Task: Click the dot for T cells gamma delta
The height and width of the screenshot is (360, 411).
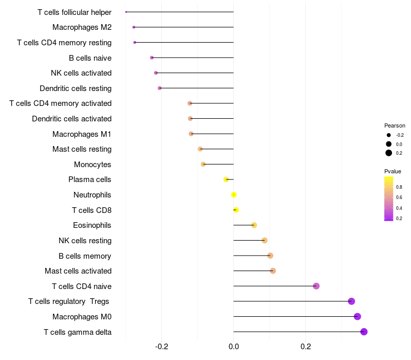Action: [364, 332]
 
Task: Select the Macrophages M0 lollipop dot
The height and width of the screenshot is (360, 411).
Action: [358, 316]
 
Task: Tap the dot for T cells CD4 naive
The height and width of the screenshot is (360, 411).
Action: [316, 286]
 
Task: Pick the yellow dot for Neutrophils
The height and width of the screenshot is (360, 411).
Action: [234, 195]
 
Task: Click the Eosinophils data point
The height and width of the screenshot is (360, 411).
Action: [254, 225]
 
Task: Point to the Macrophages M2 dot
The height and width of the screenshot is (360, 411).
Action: [134, 27]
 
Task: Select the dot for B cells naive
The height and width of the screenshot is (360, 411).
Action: [152, 58]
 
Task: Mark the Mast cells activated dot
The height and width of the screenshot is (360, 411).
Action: [273, 271]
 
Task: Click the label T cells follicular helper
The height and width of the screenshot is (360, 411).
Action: [74, 12]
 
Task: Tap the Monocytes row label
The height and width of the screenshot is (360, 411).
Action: [92, 165]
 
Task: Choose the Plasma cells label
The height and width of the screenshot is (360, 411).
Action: [90, 179]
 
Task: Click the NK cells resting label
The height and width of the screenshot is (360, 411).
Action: [85, 241]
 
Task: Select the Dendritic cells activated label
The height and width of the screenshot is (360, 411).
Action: [71, 119]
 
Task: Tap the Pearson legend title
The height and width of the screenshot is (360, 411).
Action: [395, 125]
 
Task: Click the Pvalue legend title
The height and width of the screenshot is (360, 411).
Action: [393, 171]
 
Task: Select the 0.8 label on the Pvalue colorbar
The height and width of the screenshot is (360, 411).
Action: [399, 187]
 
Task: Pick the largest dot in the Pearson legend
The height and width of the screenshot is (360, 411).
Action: [389, 153]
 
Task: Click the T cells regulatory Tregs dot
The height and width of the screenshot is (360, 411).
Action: [351, 301]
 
